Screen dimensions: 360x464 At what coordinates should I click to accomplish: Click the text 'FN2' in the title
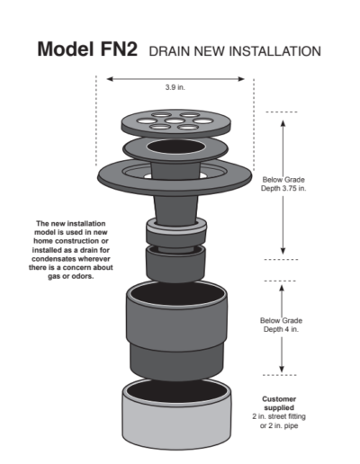119,49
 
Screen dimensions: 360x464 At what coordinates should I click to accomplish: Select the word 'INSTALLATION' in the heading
274,51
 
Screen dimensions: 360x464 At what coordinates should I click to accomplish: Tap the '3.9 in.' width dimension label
175,87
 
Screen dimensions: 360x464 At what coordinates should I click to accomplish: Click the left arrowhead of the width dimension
110,79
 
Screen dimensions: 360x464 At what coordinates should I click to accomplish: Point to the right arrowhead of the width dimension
241,79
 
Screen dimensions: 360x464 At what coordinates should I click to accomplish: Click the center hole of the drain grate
175,120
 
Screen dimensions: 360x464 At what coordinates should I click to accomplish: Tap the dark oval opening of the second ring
175,147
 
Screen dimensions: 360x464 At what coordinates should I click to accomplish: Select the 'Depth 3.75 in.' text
283,189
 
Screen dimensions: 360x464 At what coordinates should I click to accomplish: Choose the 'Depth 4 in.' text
281,329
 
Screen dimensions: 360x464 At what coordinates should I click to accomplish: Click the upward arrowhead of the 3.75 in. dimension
283,123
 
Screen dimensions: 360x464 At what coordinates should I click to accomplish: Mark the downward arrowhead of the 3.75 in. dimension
283,251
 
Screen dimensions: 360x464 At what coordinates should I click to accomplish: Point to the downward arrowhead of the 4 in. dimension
282,369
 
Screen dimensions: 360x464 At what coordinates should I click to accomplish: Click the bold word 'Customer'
279,399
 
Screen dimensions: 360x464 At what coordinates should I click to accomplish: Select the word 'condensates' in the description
52,259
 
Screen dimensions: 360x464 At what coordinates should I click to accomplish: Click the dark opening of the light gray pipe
176,390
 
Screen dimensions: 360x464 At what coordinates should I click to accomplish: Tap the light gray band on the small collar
176,230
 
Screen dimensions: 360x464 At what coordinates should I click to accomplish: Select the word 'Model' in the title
67,49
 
